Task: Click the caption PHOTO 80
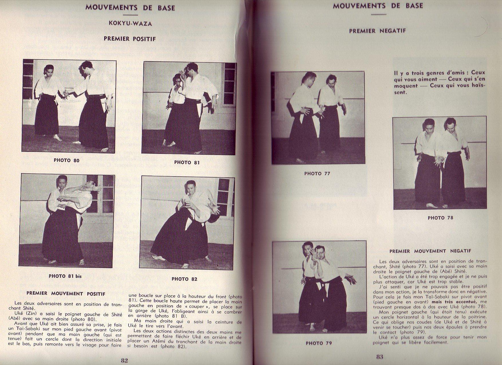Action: pos(66,160)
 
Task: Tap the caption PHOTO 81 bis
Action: pos(66,276)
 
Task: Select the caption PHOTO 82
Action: pos(184,279)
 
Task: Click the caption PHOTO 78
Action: pos(440,218)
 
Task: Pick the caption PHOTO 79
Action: pos(319,343)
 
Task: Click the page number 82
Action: pos(124,360)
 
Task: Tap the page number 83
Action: pos(380,357)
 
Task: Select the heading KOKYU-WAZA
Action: pos(130,24)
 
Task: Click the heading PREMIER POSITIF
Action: pos(130,39)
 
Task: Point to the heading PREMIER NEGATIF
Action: pos(377,31)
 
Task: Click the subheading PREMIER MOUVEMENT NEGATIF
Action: pos(430,251)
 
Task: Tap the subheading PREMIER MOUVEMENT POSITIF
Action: pos(66,293)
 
